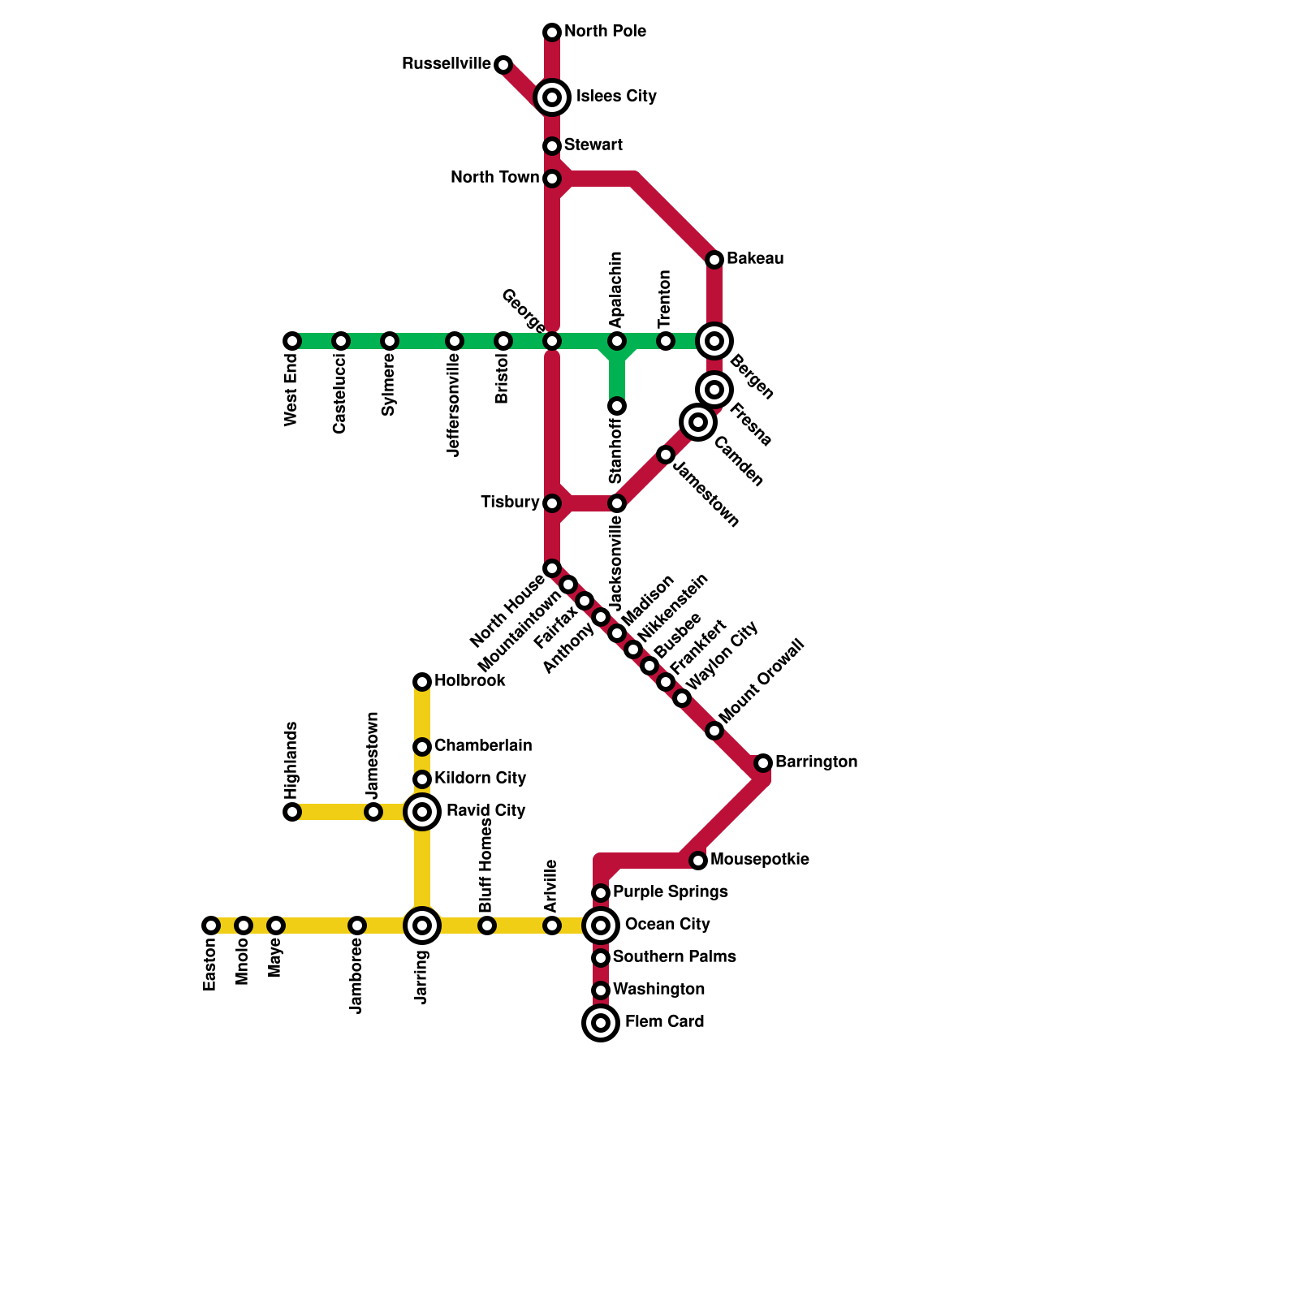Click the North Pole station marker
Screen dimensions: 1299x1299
click(x=552, y=32)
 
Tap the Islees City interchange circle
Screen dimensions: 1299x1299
click(x=552, y=97)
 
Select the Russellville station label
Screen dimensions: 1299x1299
click(x=446, y=64)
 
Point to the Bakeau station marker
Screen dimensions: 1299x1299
click(x=714, y=260)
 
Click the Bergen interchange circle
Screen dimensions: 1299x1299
click(x=714, y=341)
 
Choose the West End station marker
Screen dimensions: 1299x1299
click(x=292, y=341)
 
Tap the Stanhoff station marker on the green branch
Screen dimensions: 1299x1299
click(x=617, y=406)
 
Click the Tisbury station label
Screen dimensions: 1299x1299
click(x=510, y=503)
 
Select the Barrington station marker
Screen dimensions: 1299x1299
click(x=763, y=763)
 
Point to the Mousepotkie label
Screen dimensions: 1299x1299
click(x=759, y=860)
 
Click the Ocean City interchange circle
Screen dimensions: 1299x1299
click(x=601, y=926)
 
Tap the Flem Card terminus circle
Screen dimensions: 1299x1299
click(x=601, y=1023)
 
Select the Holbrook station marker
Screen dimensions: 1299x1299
click(x=422, y=682)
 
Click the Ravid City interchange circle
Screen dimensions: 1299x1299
click(x=422, y=812)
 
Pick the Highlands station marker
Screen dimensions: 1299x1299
click(x=292, y=812)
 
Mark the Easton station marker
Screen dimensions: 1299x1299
click(x=211, y=926)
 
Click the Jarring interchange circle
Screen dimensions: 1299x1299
click(x=422, y=926)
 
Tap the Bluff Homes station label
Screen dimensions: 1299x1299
click(x=486, y=865)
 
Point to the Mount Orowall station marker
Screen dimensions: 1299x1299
click(x=714, y=731)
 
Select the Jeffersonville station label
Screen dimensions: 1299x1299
click(x=454, y=406)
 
